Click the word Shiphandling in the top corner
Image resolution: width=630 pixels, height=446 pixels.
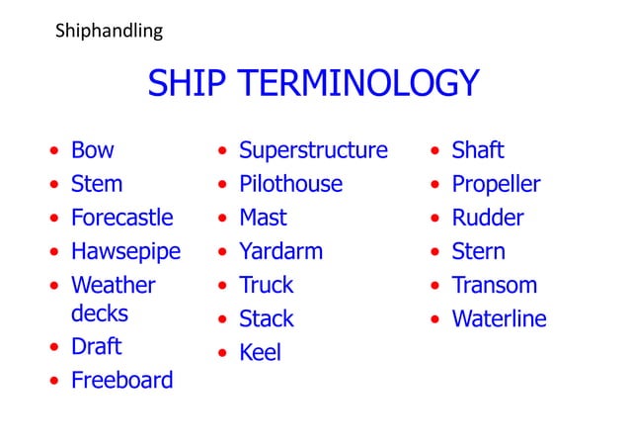point(109,32)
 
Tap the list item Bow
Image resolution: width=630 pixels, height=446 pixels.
point(92,150)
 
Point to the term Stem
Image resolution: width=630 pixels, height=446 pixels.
point(97,184)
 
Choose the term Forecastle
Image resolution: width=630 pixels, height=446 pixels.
point(121,218)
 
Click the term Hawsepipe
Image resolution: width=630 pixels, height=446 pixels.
point(125,251)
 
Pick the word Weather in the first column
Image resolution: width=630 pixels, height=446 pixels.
point(113,285)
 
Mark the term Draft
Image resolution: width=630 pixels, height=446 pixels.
point(97,346)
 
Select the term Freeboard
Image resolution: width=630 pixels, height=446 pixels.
point(121,380)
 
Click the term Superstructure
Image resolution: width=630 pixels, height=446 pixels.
point(313,150)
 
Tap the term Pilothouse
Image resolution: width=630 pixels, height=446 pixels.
point(290,184)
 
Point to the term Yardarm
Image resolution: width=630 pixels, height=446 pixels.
point(280,251)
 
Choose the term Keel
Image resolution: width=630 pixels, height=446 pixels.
point(260,352)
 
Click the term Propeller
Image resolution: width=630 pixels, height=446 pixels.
point(496,184)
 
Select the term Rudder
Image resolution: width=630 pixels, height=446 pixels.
point(487,218)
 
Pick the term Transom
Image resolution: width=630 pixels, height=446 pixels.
point(494,285)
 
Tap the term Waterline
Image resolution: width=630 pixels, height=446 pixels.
point(499,318)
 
